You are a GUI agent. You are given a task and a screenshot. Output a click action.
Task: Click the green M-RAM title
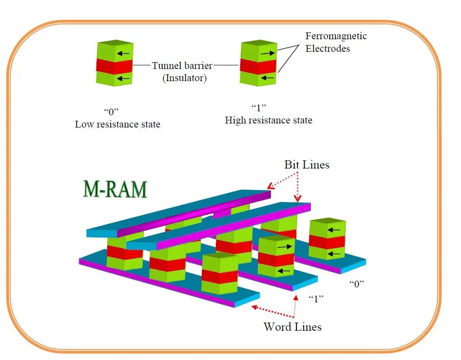point(115,189)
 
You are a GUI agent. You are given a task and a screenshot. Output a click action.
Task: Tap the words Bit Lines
point(306,165)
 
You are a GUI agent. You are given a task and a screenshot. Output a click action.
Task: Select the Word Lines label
point(292,326)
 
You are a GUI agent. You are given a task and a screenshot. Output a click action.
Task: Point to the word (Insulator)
point(184,78)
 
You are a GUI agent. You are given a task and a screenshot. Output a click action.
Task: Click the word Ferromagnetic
point(336,36)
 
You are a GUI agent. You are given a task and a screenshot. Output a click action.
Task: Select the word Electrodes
point(328,48)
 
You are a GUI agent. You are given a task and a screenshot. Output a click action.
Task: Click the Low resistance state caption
point(117,124)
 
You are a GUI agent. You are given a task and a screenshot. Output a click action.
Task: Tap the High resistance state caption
point(268,120)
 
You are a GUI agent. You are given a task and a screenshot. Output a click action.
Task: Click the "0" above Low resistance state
point(111,111)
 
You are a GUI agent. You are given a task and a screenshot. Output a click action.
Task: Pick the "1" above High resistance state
point(259,108)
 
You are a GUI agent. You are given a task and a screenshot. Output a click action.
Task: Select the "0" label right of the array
point(356,283)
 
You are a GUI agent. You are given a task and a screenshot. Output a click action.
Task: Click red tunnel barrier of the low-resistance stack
point(114,66)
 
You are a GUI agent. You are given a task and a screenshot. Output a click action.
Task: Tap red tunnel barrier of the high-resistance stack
point(258,66)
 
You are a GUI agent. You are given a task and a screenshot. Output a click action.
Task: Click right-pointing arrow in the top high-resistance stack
point(267,53)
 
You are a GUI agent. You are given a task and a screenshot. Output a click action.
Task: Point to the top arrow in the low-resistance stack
point(123,54)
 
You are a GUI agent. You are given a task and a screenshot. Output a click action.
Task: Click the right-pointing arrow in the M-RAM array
point(284,247)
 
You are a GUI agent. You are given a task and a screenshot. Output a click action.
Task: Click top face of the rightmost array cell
point(327,222)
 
